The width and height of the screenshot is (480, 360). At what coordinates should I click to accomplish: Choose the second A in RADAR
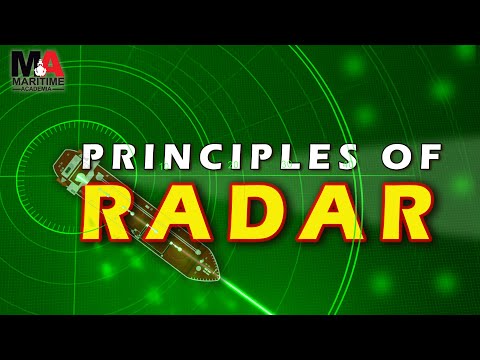coord(340,213)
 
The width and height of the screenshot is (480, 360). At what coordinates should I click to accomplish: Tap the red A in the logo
coord(54,65)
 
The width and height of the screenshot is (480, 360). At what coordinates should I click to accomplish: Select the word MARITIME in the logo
coord(38,81)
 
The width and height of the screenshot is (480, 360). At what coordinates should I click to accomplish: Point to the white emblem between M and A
coord(39,66)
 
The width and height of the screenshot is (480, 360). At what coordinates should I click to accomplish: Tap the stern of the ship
coord(62,160)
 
